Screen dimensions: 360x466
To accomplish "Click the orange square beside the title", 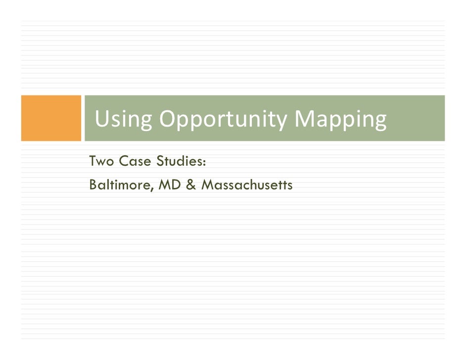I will coord(51,118).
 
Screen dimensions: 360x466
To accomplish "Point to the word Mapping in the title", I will coord(340,120).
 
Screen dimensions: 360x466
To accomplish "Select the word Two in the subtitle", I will coord(101,161).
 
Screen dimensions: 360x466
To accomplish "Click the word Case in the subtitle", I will coord(134,161).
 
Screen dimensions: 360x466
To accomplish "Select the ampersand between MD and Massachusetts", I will coord(192,185).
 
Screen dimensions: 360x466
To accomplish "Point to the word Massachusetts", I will coord(247,185).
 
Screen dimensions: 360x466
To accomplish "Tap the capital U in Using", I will coord(101,119).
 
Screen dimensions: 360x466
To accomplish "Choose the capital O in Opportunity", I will coord(168,119).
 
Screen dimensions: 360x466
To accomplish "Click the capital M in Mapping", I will coord(304,119).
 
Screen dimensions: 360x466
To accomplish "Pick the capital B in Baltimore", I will coord(93,185).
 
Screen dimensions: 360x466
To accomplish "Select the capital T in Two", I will coord(93,161).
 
